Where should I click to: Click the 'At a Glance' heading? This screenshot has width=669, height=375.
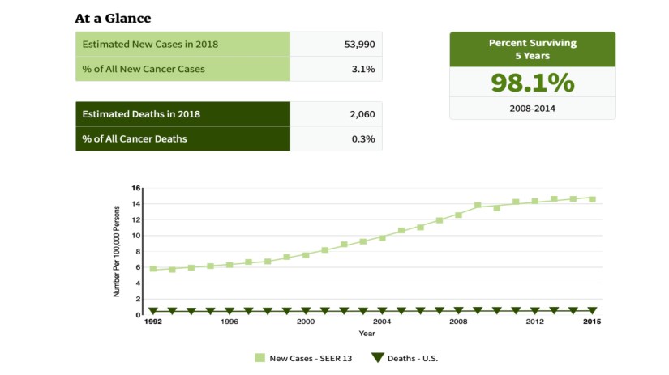pos(113,18)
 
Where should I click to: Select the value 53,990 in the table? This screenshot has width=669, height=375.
pos(359,44)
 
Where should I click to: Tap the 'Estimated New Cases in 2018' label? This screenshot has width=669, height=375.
pos(150,44)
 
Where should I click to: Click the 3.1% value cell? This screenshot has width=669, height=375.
pos(363,69)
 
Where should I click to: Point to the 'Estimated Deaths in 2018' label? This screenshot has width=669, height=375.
pos(141,114)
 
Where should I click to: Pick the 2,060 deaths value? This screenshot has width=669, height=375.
pos(362,114)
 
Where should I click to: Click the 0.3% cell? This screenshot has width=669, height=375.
pos(363,138)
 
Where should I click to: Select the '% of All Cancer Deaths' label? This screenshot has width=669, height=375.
pos(135,138)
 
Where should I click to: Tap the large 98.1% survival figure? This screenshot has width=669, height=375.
pos(532,83)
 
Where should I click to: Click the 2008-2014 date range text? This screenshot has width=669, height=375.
pos(532,108)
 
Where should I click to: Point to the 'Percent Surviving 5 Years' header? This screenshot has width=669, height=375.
pos(532,49)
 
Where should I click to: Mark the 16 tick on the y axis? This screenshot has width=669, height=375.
pos(137,188)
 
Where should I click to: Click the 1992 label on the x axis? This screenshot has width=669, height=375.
pos(152,322)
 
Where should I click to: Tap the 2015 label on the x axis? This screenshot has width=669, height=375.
pos(592,322)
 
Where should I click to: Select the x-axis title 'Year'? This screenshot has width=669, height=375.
pos(367,333)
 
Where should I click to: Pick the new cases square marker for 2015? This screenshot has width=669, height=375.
pos(592,198)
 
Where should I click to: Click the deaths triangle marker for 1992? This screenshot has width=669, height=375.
pos(152,311)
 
